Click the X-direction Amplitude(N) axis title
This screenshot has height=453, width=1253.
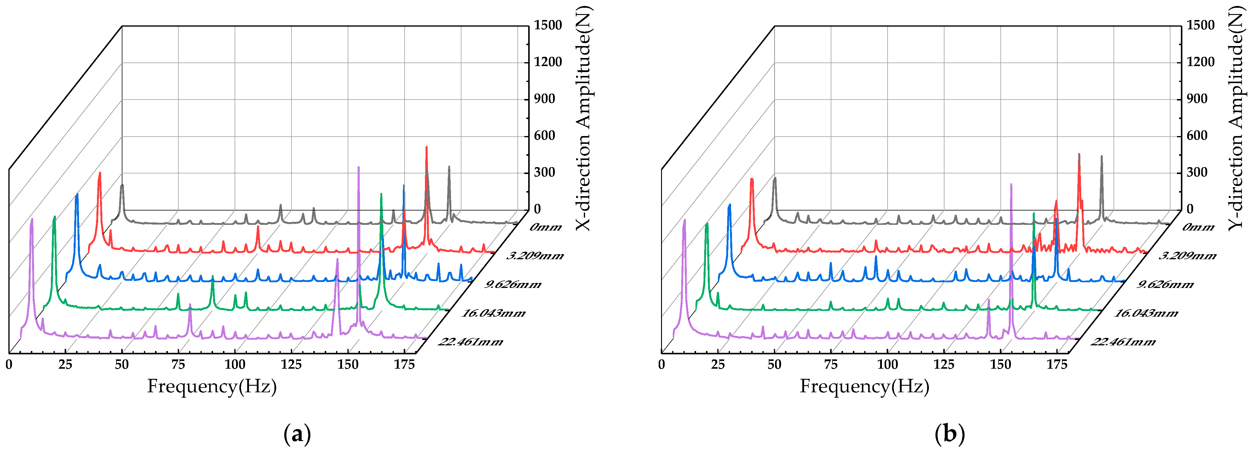click(583, 118)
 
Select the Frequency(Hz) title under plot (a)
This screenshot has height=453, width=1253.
click(212, 386)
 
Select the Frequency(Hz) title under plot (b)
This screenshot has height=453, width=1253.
click(864, 386)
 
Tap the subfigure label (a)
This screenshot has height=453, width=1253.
click(297, 434)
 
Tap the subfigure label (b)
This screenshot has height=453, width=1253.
click(950, 434)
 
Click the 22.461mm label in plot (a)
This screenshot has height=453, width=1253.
click(470, 342)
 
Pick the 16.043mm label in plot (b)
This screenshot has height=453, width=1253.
click(1146, 313)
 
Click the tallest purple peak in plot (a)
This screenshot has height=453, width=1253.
click(359, 168)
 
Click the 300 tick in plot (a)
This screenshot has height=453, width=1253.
click(544, 173)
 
